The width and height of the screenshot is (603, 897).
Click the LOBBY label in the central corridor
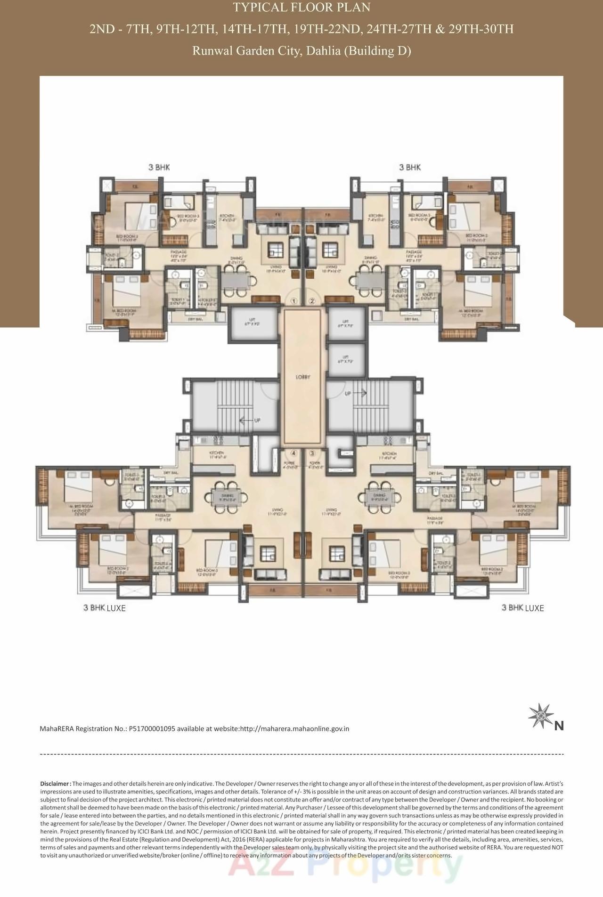pyautogui.click(x=303, y=377)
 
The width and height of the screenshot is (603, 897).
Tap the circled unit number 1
pyautogui.click(x=294, y=301)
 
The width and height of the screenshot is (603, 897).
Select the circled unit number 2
pyautogui.click(x=311, y=301)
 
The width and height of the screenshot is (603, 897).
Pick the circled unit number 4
pyautogui.click(x=294, y=453)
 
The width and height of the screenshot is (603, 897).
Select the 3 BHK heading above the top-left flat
pyautogui.click(x=159, y=167)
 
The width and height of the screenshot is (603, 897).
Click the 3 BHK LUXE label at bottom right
pyautogui.click(x=522, y=608)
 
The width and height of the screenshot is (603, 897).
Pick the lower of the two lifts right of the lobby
pyautogui.click(x=346, y=361)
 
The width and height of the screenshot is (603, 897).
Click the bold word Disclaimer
pyautogui.click(x=55, y=784)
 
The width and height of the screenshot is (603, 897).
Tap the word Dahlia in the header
pyautogui.click(x=323, y=51)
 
